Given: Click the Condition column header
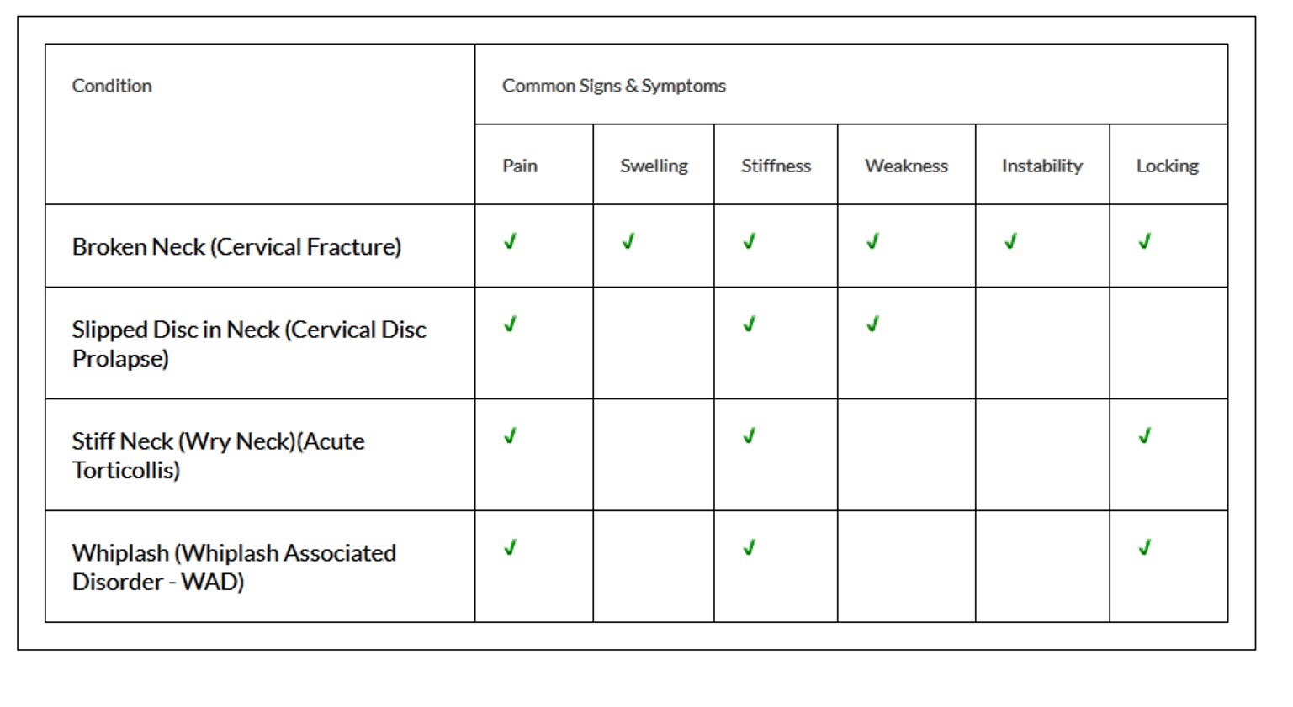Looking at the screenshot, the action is (112, 86).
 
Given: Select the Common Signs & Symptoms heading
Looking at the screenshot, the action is (614, 86).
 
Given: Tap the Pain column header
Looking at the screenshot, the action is (520, 166).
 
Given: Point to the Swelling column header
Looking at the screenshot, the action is (654, 166).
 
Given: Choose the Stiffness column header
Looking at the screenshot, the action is (776, 166).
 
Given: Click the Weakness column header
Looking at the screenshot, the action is (906, 166).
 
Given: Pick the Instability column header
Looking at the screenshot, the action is (1042, 166).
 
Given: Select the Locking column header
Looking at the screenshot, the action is (1167, 166).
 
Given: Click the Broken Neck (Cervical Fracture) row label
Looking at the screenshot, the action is (236, 247).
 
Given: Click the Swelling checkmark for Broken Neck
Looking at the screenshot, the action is (628, 241).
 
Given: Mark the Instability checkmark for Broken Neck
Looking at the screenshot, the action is (1010, 241).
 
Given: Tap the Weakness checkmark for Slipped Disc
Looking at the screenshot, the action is (872, 324).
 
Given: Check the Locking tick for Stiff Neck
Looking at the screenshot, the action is (1145, 436).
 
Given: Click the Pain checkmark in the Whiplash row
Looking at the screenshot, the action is (510, 547).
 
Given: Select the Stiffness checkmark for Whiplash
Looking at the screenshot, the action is (749, 547).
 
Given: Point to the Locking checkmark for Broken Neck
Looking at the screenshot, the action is (1145, 241).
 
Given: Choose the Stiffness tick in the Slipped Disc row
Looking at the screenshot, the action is (749, 324).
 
